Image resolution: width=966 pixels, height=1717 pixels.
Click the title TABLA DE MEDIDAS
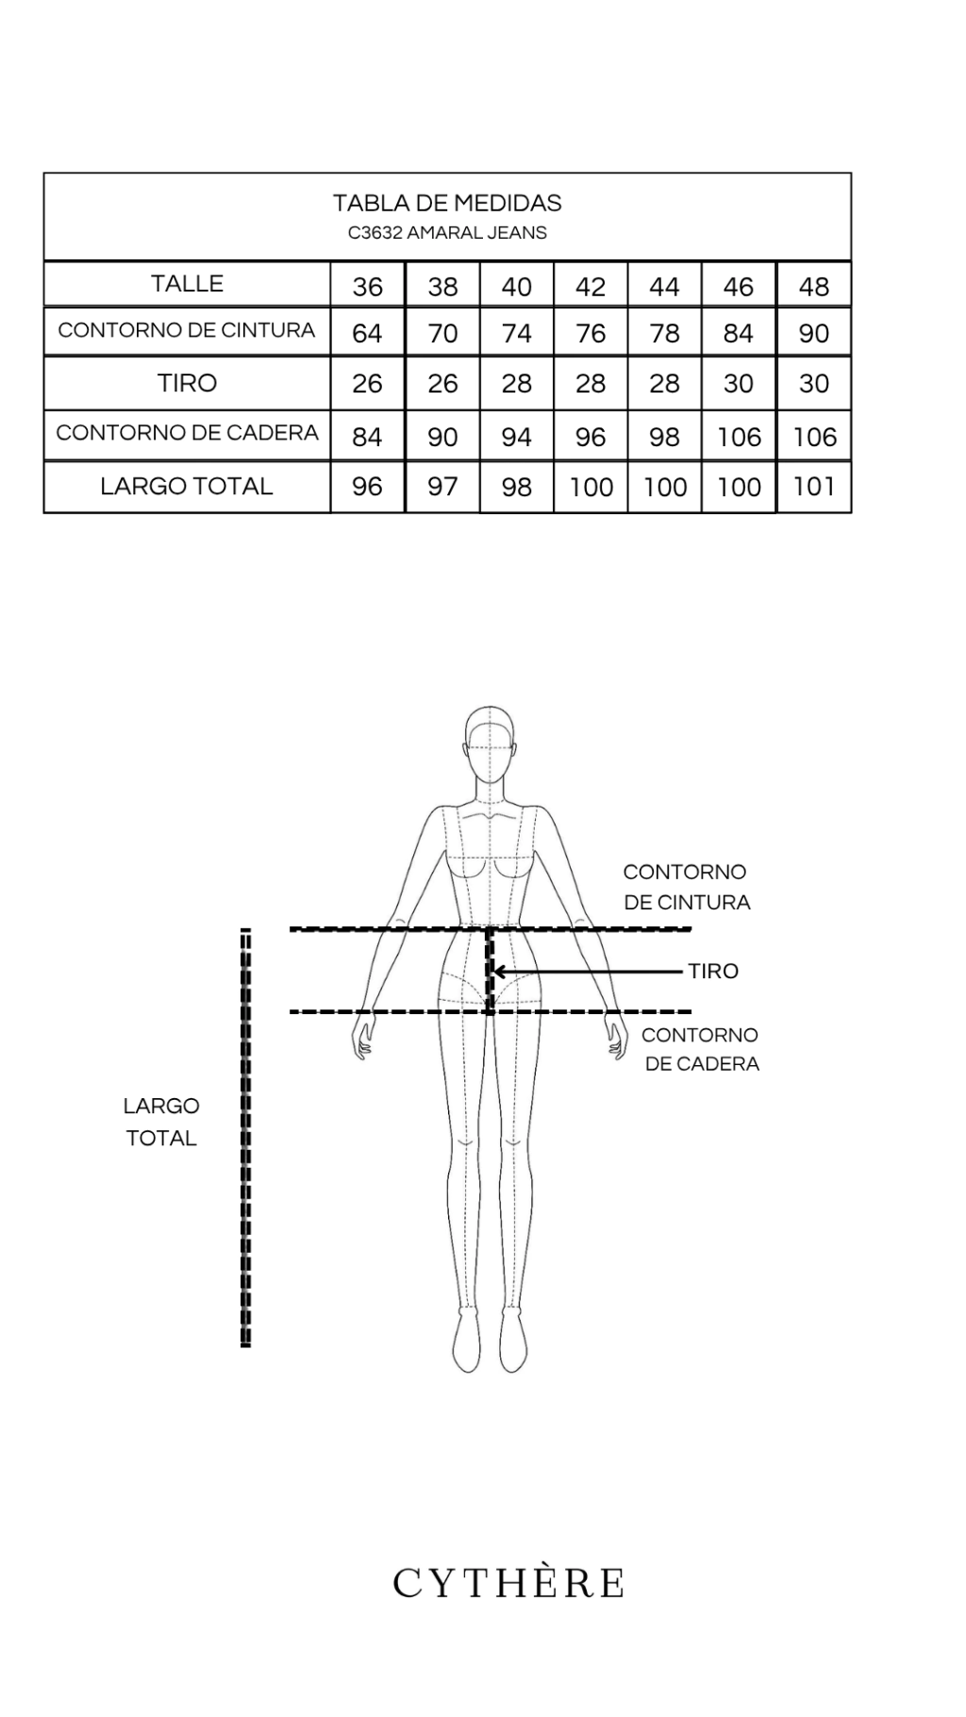coord(447,203)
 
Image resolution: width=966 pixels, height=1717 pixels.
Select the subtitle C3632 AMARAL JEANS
coord(447,233)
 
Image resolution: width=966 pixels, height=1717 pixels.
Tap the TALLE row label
coord(187,284)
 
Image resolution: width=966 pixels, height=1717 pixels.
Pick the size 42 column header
coord(591,287)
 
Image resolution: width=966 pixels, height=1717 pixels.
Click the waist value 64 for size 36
coord(367,333)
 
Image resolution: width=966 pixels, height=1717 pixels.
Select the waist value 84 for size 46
coord(739,333)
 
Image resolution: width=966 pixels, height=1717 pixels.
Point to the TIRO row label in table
coord(187,383)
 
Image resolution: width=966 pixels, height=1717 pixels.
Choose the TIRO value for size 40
coord(516,384)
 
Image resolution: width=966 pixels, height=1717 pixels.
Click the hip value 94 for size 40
coord(516,437)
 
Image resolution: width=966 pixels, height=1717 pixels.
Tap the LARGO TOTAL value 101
coord(814,487)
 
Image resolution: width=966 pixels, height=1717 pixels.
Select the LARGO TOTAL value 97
coord(442,487)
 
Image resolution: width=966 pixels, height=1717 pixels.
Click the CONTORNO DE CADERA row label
coord(187,433)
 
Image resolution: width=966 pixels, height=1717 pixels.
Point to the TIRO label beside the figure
coord(713,971)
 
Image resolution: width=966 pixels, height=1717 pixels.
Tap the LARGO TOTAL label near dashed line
coord(161,1122)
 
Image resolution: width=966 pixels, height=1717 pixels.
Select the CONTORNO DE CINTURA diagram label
coord(687,887)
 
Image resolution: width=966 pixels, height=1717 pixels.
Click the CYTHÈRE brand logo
coord(508,1584)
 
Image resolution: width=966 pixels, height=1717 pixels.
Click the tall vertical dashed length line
coord(245,1138)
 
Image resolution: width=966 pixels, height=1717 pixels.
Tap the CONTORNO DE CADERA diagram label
coord(701,1049)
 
